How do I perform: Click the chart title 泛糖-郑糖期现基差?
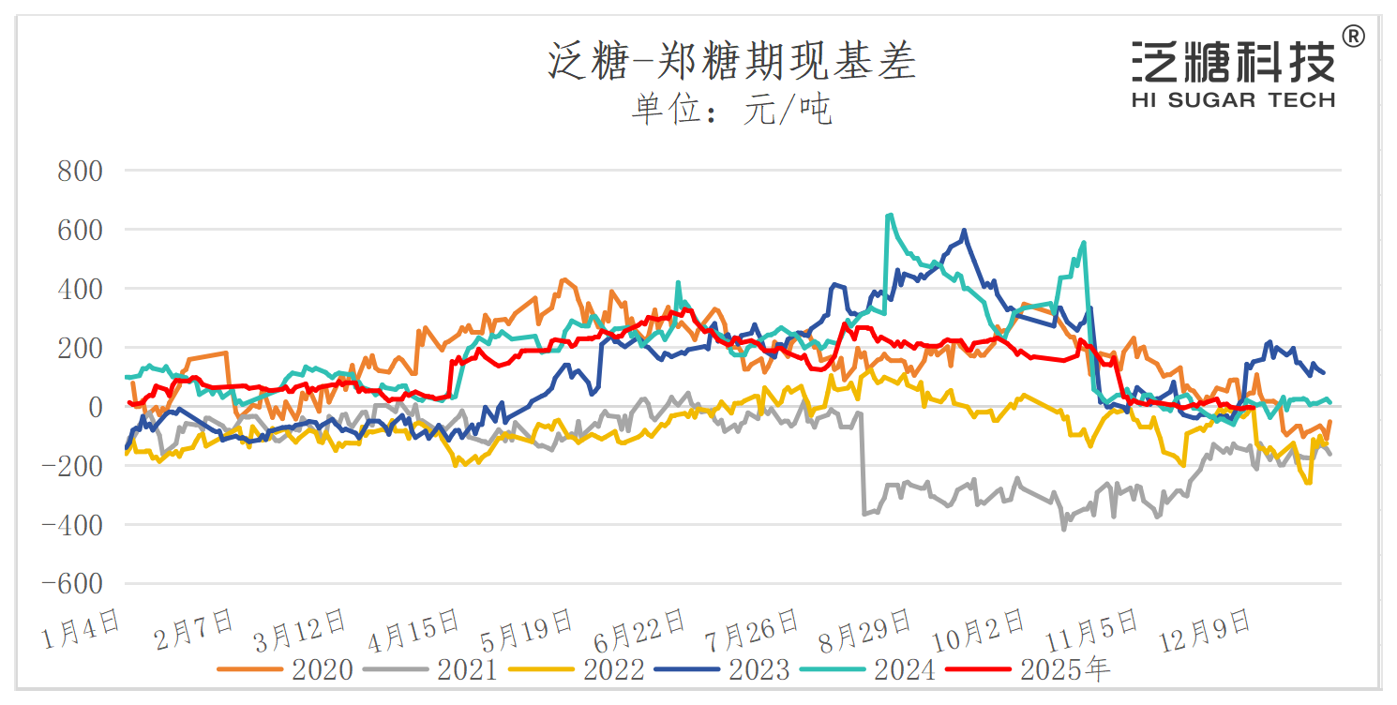point(731,63)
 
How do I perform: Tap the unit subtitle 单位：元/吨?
point(731,111)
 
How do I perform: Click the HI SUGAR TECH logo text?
point(1233,99)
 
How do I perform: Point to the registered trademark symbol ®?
point(1354,37)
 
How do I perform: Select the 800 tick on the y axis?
point(80,171)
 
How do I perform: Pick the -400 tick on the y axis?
point(72,524)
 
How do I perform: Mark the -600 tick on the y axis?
point(72,583)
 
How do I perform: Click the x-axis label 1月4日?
point(83,628)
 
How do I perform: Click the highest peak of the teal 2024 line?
point(889,215)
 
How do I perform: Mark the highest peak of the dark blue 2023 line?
point(964,230)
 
